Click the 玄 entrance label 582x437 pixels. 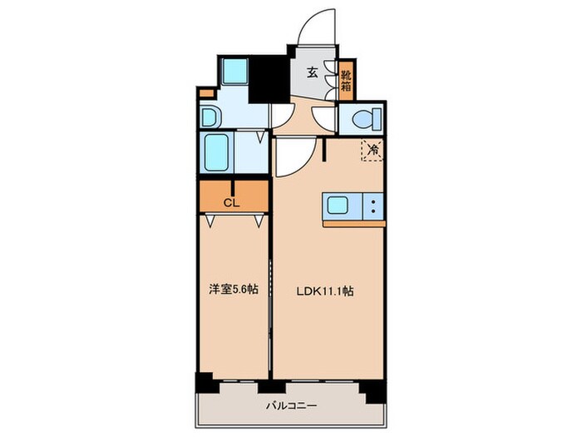coord(312,72)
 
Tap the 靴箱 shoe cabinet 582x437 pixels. coord(346,81)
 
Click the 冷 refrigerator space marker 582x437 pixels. coord(372,151)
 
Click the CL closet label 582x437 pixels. coord(233,201)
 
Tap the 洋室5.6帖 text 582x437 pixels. coord(233,291)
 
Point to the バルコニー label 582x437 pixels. coord(287,405)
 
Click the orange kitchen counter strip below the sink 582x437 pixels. coord(354,223)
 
